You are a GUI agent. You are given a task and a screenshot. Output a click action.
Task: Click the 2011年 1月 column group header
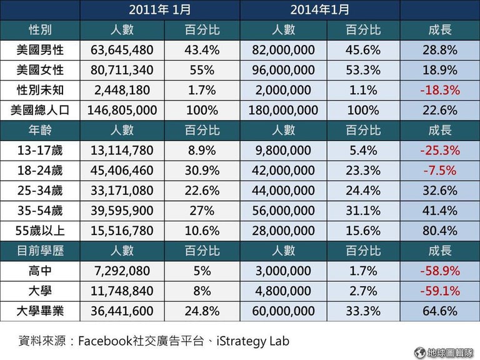160,9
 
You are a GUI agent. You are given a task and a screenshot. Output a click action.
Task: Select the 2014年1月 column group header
319,9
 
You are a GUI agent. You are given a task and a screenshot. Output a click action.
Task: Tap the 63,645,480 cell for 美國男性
122,50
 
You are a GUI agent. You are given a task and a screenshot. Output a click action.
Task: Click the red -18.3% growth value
439,90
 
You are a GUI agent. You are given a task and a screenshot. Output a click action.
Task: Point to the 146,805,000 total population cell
122,111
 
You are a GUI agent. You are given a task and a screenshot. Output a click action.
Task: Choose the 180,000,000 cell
284,111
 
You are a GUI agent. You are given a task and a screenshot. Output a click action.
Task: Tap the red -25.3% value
439,151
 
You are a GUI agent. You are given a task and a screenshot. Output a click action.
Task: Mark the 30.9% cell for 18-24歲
201,171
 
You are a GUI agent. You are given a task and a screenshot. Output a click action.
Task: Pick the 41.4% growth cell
439,211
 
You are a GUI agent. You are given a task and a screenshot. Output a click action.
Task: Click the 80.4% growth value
439,231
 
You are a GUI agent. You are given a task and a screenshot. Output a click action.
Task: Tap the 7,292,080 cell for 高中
122,271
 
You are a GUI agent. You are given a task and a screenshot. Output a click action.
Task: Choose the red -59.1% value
439,291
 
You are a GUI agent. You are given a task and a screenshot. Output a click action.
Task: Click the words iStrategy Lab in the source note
252,341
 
